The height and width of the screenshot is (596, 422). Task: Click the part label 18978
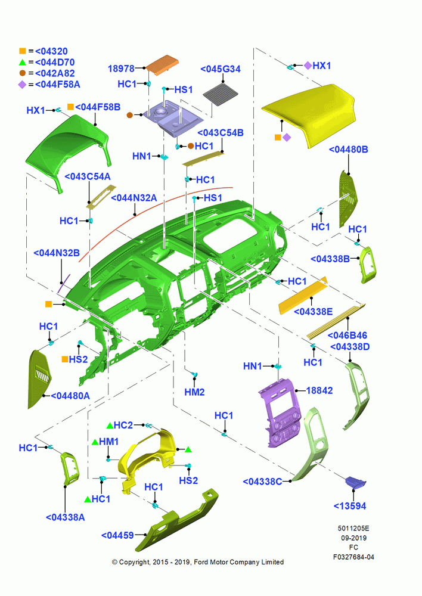point(121,69)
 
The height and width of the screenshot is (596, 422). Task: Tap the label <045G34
point(221,69)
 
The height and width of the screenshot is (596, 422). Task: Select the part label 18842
point(319,390)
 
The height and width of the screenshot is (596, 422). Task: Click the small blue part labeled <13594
point(355,482)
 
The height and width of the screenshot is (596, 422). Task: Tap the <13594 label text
point(350,506)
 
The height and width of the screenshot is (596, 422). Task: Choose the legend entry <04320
point(51,51)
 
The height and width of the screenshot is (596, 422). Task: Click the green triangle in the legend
point(23,62)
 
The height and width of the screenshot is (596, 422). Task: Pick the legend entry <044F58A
point(57,85)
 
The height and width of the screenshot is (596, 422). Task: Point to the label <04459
point(117,535)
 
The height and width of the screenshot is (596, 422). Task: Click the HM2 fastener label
point(195,392)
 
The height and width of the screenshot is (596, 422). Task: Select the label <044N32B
point(57,253)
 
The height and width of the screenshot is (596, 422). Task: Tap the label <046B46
point(347,335)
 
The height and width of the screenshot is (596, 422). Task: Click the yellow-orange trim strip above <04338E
point(303,296)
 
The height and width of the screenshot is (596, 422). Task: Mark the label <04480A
point(70,396)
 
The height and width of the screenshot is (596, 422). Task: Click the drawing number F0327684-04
point(353,557)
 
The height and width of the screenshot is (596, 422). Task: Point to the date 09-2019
point(353,538)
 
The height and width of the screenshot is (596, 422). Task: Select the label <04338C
point(262,482)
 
